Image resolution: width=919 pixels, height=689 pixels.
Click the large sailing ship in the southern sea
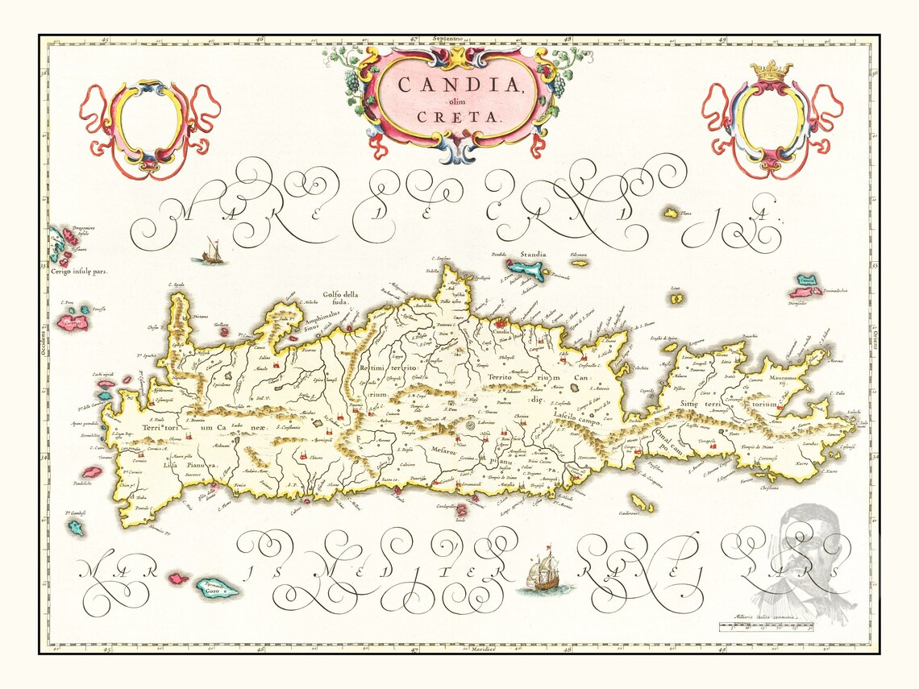point(543,573)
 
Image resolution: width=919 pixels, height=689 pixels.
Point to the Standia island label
point(532,255)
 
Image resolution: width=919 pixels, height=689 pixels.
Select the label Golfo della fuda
point(339,299)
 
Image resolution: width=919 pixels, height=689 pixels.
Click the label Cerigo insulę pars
point(77,272)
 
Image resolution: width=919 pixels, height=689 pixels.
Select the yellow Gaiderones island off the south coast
point(642,504)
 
